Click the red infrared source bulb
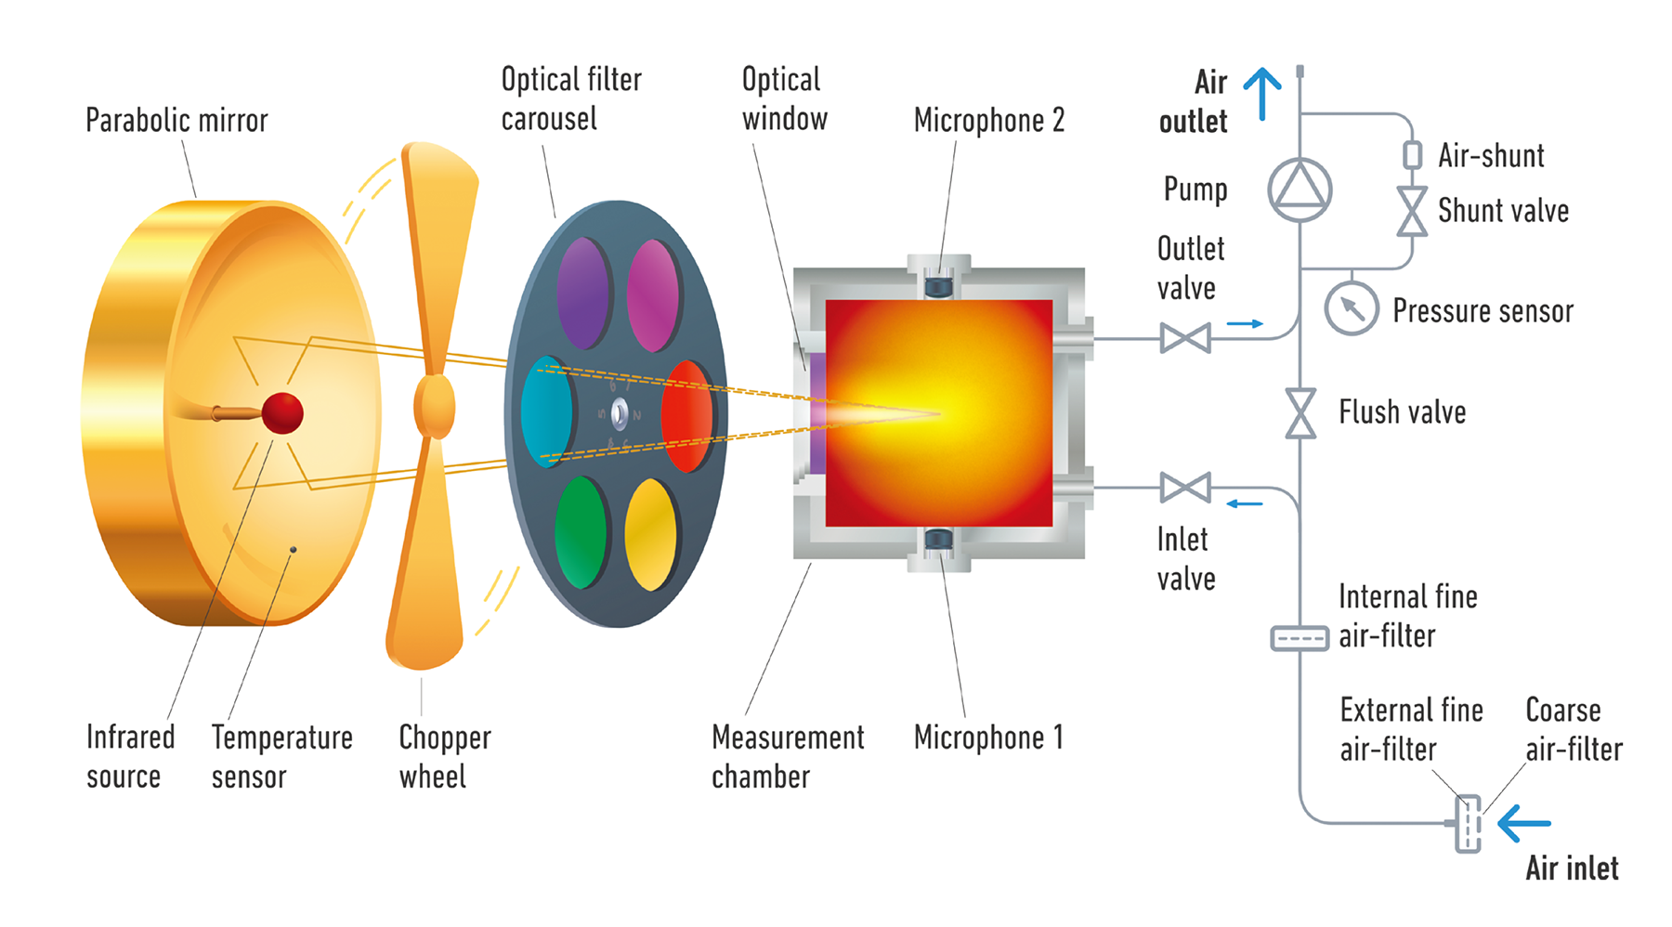coord(281,413)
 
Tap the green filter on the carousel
coord(581,532)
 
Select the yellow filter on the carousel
coord(650,534)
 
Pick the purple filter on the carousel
coord(582,293)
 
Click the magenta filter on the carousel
coord(653,294)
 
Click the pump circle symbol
coord(1300,190)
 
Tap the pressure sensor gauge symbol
coord(1351,308)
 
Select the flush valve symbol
coord(1300,413)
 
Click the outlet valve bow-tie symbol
coord(1185,338)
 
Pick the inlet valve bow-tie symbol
coord(1185,488)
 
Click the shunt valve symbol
coord(1412,212)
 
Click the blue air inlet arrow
coord(1524,823)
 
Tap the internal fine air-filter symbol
coord(1299,639)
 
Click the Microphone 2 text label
coord(988,121)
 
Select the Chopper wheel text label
coord(444,756)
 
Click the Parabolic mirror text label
coord(176,121)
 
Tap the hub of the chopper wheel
coord(434,406)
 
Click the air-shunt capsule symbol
coord(1412,154)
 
